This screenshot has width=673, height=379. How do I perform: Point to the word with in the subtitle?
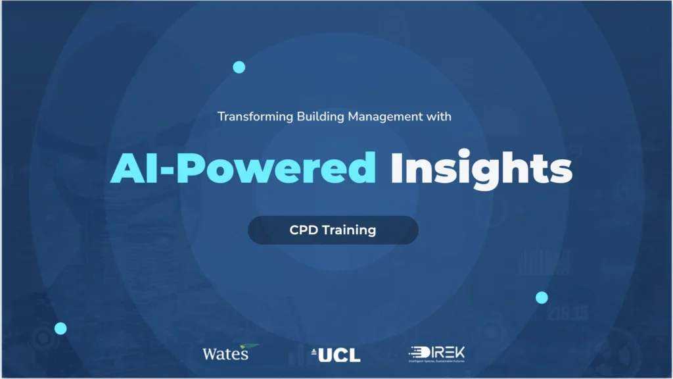pyautogui.click(x=438, y=117)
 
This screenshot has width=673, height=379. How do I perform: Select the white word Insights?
pyautogui.click(x=481, y=168)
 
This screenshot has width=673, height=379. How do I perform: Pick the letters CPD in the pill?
pyautogui.click(x=304, y=230)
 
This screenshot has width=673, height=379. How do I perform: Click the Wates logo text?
pyautogui.click(x=225, y=355)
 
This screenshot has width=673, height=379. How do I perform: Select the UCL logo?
pyautogui.click(x=339, y=355)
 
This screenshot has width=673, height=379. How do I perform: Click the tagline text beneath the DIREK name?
pyautogui.click(x=436, y=361)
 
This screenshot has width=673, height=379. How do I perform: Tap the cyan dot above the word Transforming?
pyautogui.click(x=239, y=67)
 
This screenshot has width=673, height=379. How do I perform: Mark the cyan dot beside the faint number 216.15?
pyautogui.click(x=542, y=297)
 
